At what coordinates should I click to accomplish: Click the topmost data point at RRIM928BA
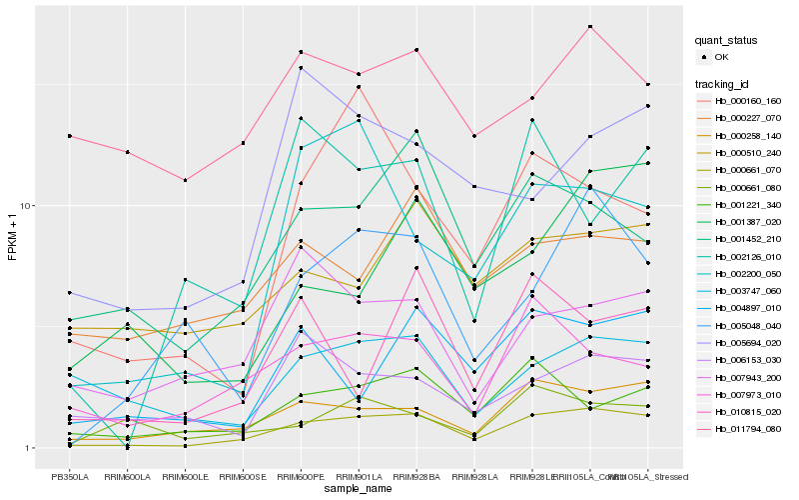point(416,49)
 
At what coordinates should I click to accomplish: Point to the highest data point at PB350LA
point(69,136)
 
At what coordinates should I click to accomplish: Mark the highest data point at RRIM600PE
point(301,52)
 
